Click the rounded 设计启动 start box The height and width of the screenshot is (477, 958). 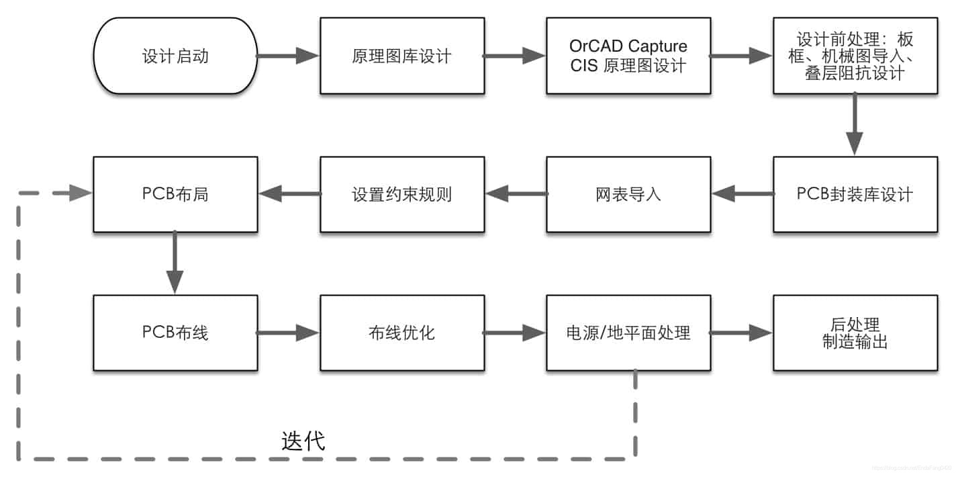click(175, 56)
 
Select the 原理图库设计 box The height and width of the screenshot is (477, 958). click(401, 56)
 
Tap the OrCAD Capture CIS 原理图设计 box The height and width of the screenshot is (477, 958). click(628, 56)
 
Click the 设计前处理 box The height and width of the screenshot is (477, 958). click(855, 56)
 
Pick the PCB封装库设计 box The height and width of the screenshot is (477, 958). click(855, 195)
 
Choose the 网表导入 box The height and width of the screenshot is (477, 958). click(628, 195)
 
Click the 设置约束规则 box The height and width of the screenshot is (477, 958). click(401, 195)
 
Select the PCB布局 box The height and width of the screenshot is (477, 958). click(175, 195)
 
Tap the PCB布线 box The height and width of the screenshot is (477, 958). click(175, 333)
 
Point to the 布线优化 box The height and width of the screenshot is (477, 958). click(401, 333)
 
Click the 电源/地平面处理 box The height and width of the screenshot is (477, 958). click(628, 333)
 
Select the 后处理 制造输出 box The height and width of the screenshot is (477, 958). click(855, 333)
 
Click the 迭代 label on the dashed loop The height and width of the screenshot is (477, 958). click(303, 441)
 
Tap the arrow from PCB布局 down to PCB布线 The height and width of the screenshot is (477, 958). click(175, 263)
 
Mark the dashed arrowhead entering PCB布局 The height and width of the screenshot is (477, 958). click(81, 194)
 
